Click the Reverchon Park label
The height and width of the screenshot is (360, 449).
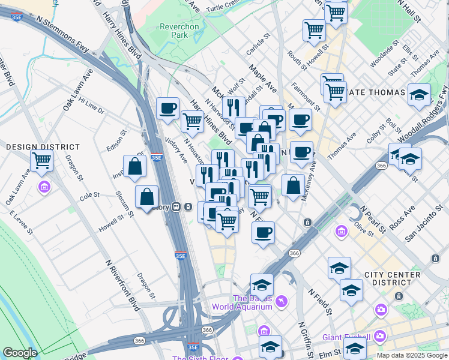click(x=174, y=31)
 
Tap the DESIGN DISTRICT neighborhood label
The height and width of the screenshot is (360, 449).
click(x=43, y=147)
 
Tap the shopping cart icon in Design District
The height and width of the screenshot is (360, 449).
click(x=41, y=160)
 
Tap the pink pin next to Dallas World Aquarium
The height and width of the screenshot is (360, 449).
click(x=282, y=301)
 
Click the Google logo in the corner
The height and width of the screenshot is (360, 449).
click(x=20, y=353)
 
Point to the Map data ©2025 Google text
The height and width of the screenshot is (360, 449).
click(x=412, y=355)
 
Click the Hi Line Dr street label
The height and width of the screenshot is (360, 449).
click(x=91, y=107)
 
